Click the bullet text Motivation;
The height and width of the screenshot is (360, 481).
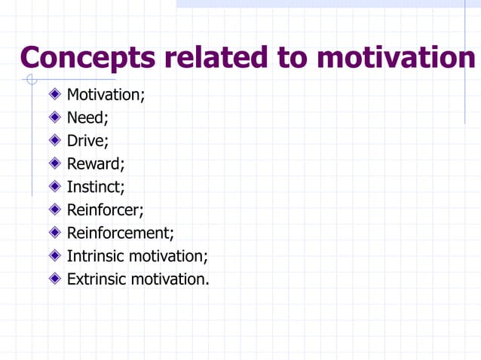106,95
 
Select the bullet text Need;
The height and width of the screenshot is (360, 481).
88,117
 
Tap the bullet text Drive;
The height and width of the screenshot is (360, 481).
88,141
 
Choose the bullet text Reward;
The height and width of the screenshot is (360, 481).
96,163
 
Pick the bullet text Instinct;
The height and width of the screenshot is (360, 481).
96,187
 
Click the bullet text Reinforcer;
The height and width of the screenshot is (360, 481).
105,209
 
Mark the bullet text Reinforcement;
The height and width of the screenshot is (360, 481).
121,233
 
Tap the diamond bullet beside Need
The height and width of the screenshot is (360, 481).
54,117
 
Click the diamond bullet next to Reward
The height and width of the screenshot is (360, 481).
54,163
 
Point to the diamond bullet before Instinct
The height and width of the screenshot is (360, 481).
54,187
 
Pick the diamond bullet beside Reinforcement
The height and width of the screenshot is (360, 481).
54,233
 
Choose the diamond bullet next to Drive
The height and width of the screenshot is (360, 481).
54,141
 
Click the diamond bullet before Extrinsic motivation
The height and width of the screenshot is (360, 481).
54,279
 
